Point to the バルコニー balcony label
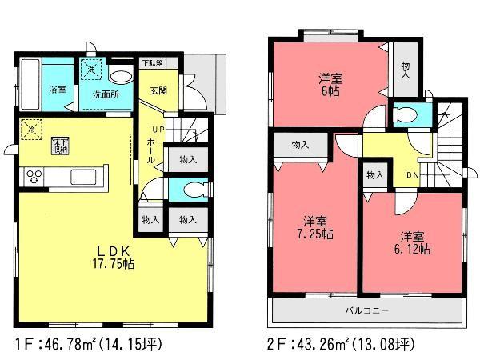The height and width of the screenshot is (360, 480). (x=367, y=308)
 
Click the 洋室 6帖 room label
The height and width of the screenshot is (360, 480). (x=329, y=85)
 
